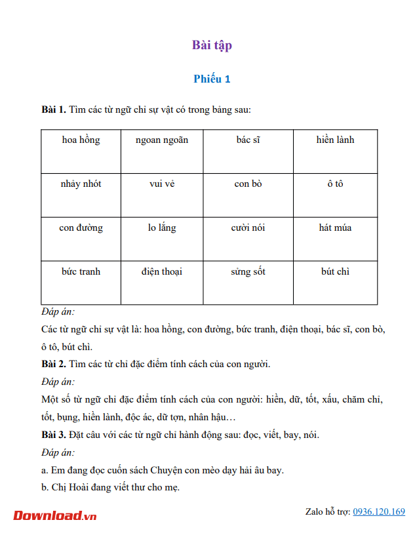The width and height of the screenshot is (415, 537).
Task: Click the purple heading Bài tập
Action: click(x=212, y=45)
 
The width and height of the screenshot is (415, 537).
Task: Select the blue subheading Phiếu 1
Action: click(x=212, y=79)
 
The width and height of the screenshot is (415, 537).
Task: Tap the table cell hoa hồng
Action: click(x=81, y=140)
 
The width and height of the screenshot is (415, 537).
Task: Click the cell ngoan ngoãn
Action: click(x=162, y=140)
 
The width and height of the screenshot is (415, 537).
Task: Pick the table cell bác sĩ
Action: click(x=248, y=140)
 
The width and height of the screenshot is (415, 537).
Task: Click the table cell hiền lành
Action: click(x=335, y=140)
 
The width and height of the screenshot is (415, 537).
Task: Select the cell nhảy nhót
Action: click(x=81, y=184)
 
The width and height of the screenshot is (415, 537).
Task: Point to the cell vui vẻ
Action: click(x=162, y=184)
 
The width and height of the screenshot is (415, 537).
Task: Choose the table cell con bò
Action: click(x=248, y=184)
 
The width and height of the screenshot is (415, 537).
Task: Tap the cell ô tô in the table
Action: click(x=335, y=184)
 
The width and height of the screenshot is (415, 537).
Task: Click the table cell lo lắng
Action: click(x=162, y=228)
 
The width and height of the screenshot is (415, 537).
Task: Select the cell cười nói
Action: click(x=248, y=228)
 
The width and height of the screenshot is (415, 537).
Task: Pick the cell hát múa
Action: click(x=335, y=228)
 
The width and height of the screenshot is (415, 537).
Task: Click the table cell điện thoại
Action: click(x=162, y=272)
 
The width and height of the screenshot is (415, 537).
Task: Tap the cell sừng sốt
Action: click(x=248, y=272)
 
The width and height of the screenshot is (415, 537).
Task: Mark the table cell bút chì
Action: click(x=335, y=272)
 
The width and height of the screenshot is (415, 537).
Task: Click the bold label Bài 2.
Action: click(x=54, y=364)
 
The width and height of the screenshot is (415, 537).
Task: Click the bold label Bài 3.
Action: click(x=54, y=435)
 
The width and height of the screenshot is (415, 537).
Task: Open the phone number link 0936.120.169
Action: click(x=379, y=511)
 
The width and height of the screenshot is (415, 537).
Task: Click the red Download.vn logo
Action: click(x=55, y=515)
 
